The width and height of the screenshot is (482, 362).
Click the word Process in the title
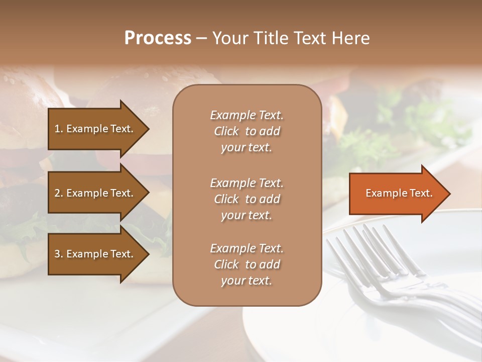158,38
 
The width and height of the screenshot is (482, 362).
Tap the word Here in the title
350,38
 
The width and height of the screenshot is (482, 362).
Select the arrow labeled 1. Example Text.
95,129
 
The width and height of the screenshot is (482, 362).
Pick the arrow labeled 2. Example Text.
95,193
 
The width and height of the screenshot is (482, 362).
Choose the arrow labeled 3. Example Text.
95,254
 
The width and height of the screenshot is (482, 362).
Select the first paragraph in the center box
247,131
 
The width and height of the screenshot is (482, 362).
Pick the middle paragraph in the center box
247,199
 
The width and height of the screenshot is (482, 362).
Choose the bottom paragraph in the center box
247,264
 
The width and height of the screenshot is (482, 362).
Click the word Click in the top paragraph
226,131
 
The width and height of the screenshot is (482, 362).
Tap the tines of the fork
361,246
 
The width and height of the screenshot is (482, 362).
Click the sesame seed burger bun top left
30,90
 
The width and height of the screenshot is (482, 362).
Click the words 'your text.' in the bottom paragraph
247,281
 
